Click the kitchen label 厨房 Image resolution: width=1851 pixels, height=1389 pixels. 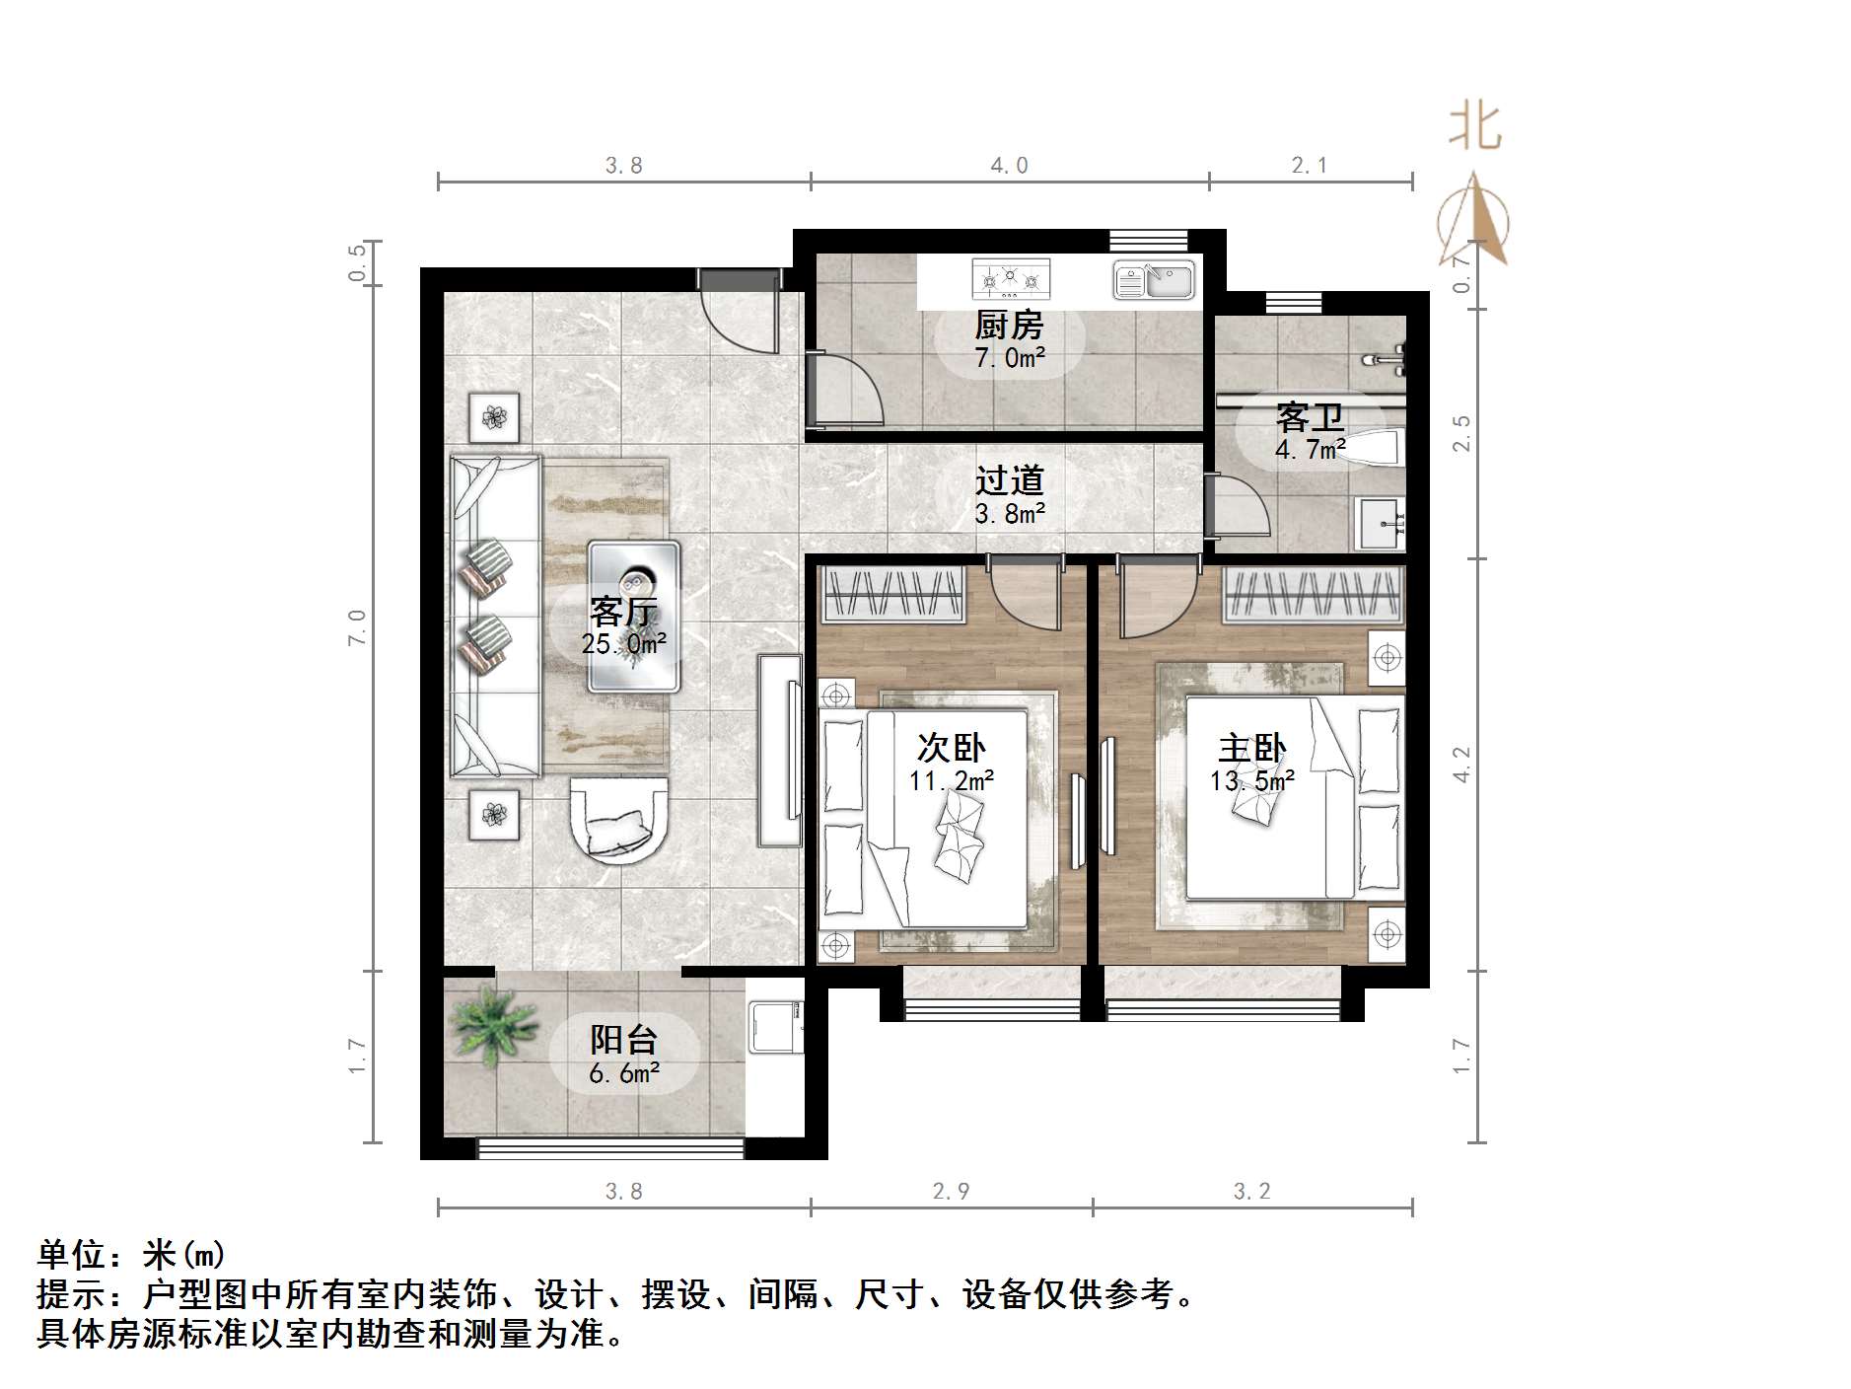pyautogui.click(x=1008, y=325)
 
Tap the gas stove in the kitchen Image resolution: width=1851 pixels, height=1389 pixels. pyautogui.click(x=1010, y=279)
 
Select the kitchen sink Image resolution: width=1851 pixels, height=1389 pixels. pyautogui.click(x=1153, y=279)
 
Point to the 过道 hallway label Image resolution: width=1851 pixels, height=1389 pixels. pyautogui.click(x=1009, y=480)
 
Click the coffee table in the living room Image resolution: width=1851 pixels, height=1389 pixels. pyautogui.click(x=633, y=616)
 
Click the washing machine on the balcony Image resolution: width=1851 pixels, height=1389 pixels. pyautogui.click(x=776, y=1026)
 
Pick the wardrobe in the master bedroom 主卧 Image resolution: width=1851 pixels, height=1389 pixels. pyautogui.click(x=1313, y=595)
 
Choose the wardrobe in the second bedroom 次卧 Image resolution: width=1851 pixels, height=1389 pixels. pyautogui.click(x=892, y=595)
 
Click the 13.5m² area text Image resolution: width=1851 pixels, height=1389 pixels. pyautogui.click(x=1251, y=781)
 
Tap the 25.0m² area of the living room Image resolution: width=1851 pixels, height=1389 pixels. pyautogui.click(x=623, y=644)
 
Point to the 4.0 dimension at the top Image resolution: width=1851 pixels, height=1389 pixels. pyautogui.click(x=1009, y=166)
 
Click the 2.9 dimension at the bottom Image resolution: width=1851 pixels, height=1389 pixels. pyautogui.click(x=951, y=1191)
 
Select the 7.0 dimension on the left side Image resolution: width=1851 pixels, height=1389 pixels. pyautogui.click(x=357, y=627)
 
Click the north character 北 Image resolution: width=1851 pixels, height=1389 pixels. pyautogui.click(x=1474, y=127)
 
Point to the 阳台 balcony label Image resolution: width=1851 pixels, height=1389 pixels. pyautogui.click(x=623, y=1039)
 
